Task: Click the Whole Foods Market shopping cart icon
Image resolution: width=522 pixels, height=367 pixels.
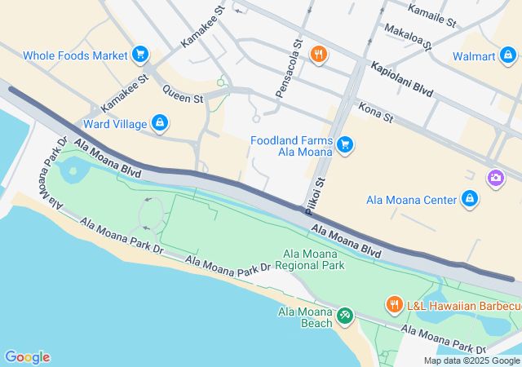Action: [x=140, y=55]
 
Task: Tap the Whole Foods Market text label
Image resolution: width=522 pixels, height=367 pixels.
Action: [x=75, y=55]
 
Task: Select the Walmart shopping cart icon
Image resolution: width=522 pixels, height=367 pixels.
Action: [x=508, y=56]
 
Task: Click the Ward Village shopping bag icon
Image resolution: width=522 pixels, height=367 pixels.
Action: [x=160, y=124]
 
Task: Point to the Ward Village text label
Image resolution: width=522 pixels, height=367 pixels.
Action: [x=115, y=125]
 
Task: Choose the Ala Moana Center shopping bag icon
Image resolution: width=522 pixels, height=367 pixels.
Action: [x=469, y=199]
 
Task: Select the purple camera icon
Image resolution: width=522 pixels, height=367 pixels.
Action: [x=494, y=177]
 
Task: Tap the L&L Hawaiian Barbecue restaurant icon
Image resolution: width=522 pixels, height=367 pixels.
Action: [x=393, y=305]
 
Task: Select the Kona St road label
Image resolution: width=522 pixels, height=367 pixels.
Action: [x=376, y=113]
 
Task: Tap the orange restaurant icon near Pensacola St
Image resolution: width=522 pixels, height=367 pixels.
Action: [x=318, y=55]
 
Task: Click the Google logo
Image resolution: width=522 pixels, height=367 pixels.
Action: [x=27, y=357]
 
